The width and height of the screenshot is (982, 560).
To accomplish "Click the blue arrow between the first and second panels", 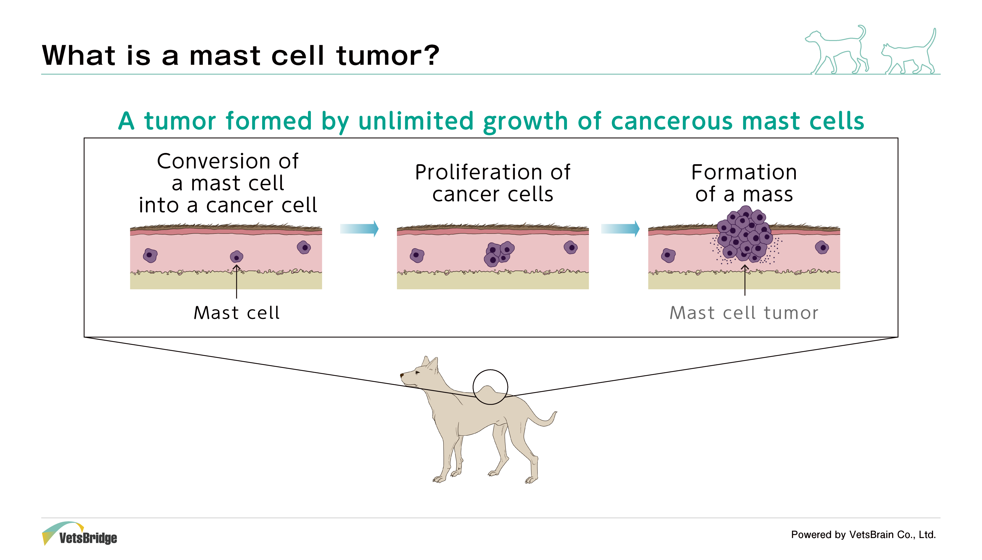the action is tap(359, 229).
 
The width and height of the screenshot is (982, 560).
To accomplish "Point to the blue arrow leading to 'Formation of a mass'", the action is tap(620, 229).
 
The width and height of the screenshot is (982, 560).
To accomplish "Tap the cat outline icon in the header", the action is tap(909, 52).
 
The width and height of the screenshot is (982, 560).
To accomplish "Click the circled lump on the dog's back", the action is tap(490, 387).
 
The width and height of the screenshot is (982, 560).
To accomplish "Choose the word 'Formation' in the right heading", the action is tap(744, 172).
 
